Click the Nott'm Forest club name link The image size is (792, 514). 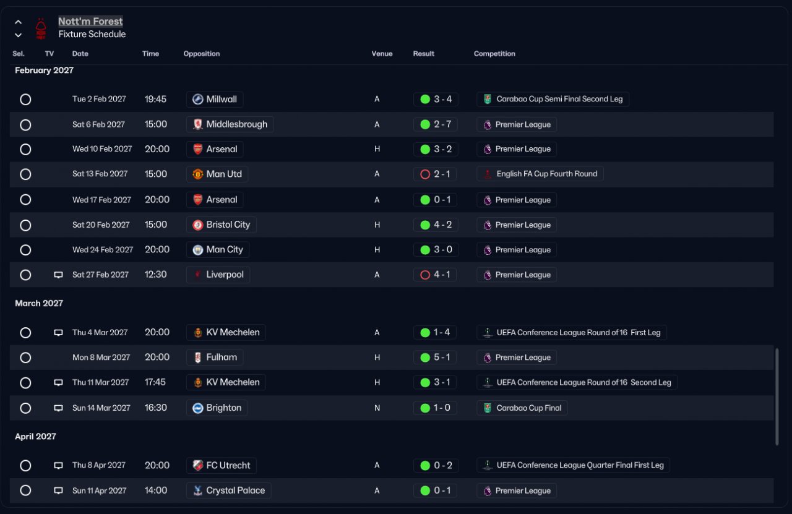coord(90,21)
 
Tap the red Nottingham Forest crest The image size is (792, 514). coord(41,28)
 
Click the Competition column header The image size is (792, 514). coord(494,54)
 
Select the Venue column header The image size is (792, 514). coord(382,54)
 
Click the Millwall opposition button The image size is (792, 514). coord(215,99)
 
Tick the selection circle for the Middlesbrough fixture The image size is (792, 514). coord(25,125)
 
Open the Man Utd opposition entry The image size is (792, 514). coord(217,174)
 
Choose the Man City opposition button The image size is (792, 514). coord(218,249)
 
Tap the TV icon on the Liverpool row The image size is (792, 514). coord(58,275)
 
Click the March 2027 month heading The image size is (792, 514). coord(39,303)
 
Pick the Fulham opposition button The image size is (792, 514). coord(215,358)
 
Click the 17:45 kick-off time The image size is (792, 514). coord(155,382)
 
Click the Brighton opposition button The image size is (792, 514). coord(217,408)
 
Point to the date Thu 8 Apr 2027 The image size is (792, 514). coord(99,465)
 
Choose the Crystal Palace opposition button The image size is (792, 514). coord(229,490)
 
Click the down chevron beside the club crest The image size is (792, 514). coord(19,35)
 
